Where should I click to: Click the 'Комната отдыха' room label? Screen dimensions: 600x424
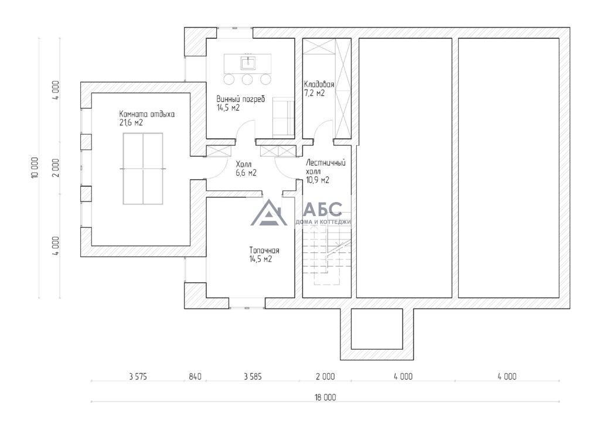147,114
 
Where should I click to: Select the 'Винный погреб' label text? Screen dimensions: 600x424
241,99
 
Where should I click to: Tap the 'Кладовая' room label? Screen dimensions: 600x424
319,84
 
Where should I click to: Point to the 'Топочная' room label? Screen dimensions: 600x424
264,251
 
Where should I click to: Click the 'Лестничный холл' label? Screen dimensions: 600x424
326,167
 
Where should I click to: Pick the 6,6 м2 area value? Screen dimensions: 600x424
246,173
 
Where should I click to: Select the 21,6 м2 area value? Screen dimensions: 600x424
131,123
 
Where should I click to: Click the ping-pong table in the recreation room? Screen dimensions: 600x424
143,169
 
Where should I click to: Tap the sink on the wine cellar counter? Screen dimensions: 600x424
248,62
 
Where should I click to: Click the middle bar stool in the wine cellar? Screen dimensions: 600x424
247,79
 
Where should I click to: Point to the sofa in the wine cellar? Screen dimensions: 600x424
284,117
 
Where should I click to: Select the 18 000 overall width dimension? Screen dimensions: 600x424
325,397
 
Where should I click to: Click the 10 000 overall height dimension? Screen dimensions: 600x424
35,167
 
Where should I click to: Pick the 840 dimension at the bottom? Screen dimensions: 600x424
195,377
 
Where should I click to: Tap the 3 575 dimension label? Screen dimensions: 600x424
138,377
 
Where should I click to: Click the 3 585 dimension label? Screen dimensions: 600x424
253,377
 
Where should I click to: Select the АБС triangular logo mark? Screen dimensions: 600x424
269,213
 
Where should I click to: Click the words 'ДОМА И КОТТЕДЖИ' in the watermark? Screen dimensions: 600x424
323,222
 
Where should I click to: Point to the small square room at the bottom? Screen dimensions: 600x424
377,329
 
